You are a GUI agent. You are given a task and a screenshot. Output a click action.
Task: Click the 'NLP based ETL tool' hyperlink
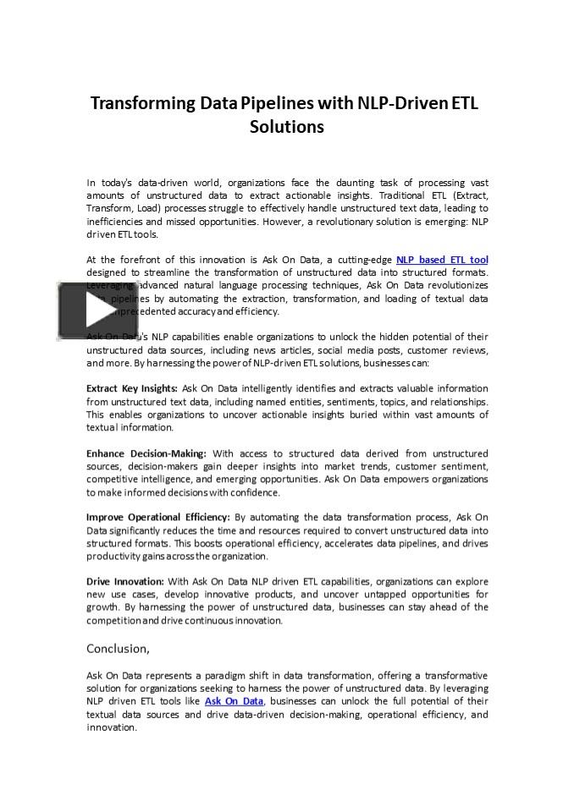pos(442,260)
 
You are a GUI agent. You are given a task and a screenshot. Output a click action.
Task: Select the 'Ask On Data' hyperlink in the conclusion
pos(234,701)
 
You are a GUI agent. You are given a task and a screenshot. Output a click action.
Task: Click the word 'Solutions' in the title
pos(286,128)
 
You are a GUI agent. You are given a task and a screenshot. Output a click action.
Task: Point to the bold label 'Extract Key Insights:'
pos(132,388)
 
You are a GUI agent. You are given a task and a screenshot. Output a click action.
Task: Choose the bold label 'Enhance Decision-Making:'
pos(146,453)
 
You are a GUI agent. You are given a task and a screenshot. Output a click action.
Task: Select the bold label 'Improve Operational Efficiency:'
pos(158,517)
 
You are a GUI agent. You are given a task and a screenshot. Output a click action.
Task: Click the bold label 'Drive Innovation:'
pos(125,581)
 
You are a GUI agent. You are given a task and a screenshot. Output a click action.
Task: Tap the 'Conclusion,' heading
pos(119,649)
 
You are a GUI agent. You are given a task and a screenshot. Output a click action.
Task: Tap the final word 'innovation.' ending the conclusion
pos(112,727)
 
